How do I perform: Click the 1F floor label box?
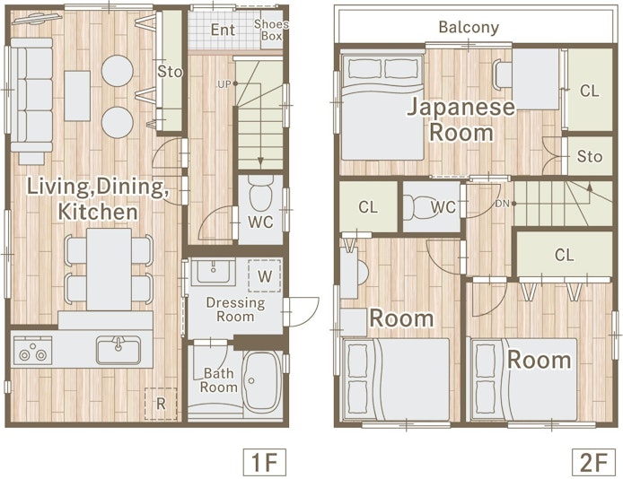(264, 462)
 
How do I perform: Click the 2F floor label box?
(593, 462)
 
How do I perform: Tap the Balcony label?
(469, 27)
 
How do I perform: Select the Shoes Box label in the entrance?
(271, 30)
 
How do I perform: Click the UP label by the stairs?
(224, 84)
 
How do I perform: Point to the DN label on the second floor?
(502, 204)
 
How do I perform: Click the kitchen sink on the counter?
(118, 350)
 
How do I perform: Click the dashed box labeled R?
(161, 404)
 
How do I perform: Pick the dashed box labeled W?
(265, 275)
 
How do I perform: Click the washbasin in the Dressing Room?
(214, 272)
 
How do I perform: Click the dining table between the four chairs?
(110, 269)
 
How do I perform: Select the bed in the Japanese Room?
(382, 107)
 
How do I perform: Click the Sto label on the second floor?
(589, 157)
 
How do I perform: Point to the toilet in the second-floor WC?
(419, 207)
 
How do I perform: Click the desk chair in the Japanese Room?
(502, 74)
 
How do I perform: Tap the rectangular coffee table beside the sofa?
(77, 96)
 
